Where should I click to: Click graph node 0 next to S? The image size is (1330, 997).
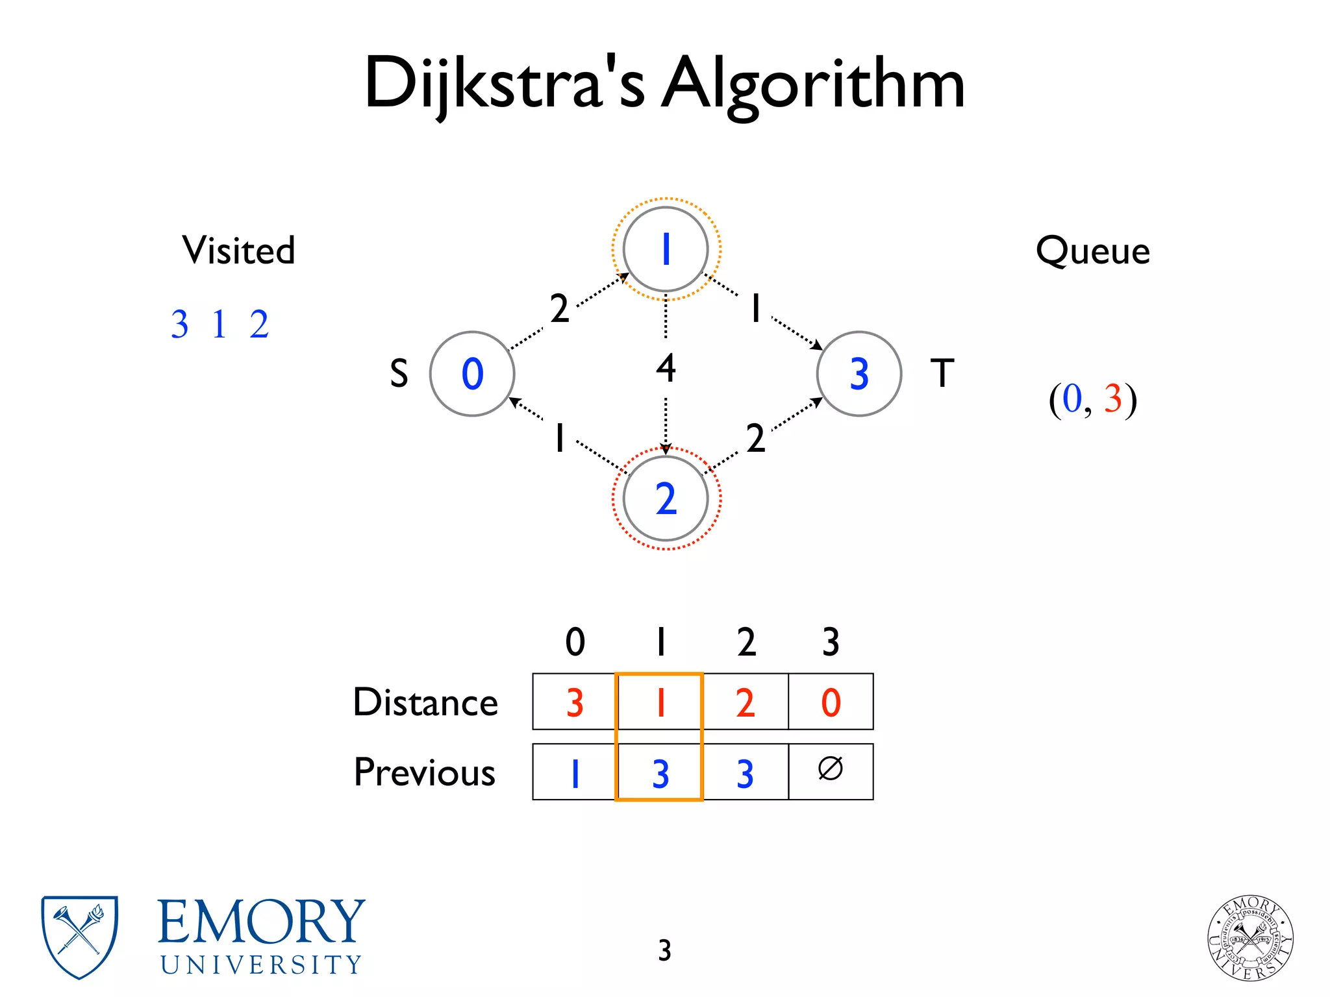coord(472,374)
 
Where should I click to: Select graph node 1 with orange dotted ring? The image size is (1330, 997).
coord(666,249)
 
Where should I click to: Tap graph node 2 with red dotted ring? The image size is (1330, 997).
coord(666,498)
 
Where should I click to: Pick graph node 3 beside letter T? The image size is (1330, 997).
coord(859,374)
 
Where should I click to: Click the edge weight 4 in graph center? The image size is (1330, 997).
coord(666,368)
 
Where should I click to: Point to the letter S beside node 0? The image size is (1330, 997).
coord(399,374)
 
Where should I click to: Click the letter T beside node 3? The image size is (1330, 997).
coord(942,373)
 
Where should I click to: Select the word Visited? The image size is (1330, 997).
coord(238,251)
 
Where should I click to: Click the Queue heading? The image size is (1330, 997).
coord(1092,251)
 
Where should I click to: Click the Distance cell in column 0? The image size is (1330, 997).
coord(574,702)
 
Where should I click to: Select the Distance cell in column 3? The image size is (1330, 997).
coord(831,702)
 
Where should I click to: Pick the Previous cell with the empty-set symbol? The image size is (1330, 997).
coord(831,771)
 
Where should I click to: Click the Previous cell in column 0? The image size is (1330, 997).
coord(574,772)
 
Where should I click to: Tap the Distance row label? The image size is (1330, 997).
coord(425,702)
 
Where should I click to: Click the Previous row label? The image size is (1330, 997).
coord(424,772)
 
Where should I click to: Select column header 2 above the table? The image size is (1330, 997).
coord(746,642)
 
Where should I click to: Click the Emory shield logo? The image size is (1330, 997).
coord(79,937)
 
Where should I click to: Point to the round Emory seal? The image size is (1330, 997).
coord(1250,938)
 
